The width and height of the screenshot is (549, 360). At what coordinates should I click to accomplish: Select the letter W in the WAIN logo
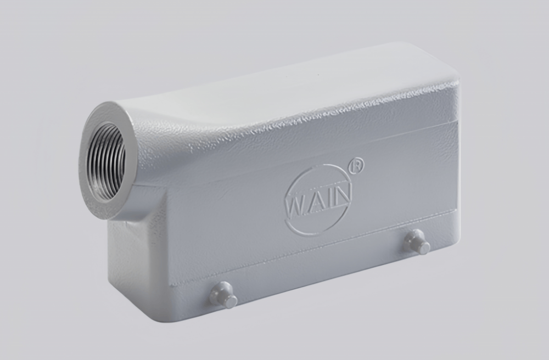295,204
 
